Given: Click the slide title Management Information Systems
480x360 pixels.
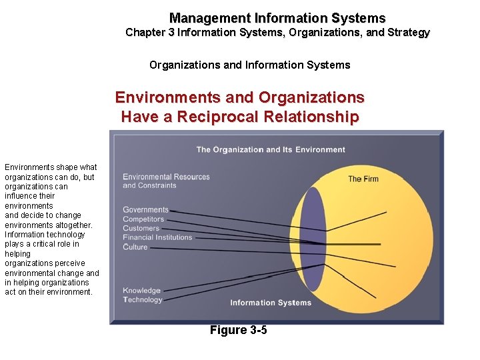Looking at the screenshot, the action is pyautogui.click(x=277, y=18).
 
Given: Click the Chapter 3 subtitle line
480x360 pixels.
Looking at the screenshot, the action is pyautogui.click(x=277, y=32).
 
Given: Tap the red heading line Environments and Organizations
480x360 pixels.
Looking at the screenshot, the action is pyautogui.click(x=239, y=97).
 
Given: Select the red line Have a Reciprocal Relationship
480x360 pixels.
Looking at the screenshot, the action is pyautogui.click(x=239, y=117).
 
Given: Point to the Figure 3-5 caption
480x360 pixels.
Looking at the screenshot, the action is pyautogui.click(x=238, y=330).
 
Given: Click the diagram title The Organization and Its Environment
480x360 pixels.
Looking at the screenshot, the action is pyautogui.click(x=271, y=149).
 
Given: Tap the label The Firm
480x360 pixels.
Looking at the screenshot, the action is pyautogui.click(x=363, y=179).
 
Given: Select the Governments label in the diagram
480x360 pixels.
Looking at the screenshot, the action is pyautogui.click(x=145, y=210).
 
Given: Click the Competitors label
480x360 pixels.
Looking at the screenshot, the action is pyautogui.click(x=143, y=219).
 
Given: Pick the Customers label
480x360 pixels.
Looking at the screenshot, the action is pyautogui.click(x=141, y=229).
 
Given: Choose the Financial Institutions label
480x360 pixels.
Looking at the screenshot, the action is pyautogui.click(x=157, y=237).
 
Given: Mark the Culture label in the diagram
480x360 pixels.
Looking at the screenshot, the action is pyautogui.click(x=135, y=247).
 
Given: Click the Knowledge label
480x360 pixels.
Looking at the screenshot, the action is pyautogui.click(x=141, y=291).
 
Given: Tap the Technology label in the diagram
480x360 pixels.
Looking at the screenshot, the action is pyautogui.click(x=143, y=300).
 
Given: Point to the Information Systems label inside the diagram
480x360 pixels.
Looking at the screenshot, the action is pyautogui.click(x=271, y=303).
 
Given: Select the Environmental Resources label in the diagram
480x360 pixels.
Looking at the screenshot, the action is pyautogui.click(x=166, y=177).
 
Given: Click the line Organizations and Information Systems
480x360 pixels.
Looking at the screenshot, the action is pyautogui.click(x=249, y=65).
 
